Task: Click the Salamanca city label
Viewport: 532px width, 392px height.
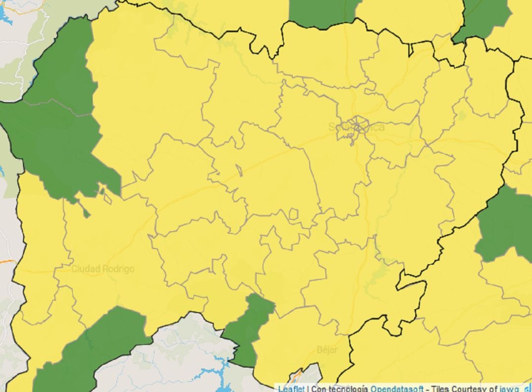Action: [357, 127]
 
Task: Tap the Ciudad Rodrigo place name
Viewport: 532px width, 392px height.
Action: [102, 269]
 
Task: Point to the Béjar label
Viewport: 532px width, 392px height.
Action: [327, 350]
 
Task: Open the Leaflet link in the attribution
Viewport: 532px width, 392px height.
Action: [291, 388]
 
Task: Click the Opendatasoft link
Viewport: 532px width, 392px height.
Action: [397, 388]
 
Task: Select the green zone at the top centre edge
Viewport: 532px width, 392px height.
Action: [320, 12]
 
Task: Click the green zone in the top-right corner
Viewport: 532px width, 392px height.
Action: [483, 17]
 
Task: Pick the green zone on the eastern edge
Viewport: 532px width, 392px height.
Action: [505, 224]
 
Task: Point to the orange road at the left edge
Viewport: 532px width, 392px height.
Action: [6, 261]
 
